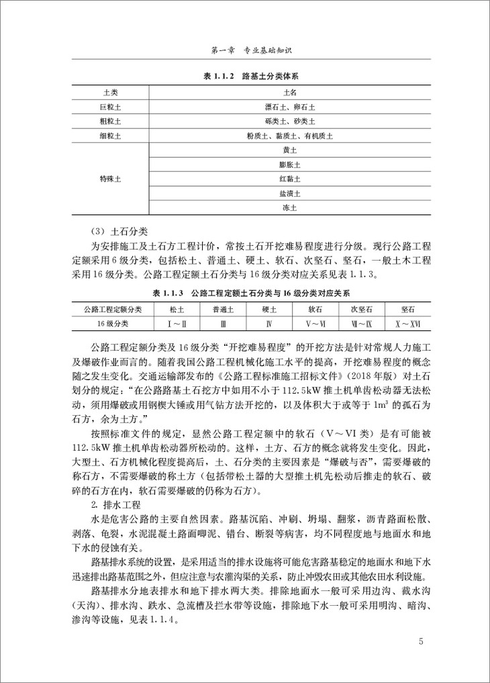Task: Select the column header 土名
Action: tap(290, 92)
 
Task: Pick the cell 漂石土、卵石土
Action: tap(290, 106)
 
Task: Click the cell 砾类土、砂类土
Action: tap(290, 121)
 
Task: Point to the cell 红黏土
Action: tap(290, 179)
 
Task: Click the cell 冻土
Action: tap(290, 208)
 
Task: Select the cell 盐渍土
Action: tap(290, 193)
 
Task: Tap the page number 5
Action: tap(420, 641)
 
